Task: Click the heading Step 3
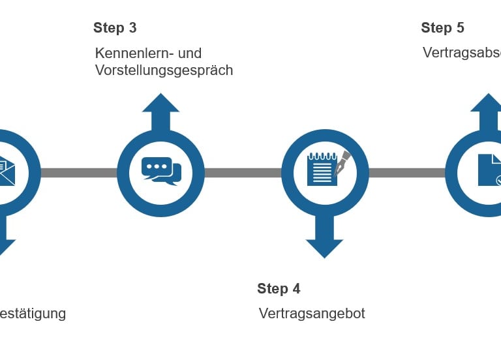(x=115, y=28)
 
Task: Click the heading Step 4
(x=279, y=289)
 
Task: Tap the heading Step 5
(x=442, y=28)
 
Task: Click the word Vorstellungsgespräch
(x=164, y=70)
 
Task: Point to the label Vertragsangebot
(x=312, y=314)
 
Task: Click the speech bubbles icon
(x=161, y=172)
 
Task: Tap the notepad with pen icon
(x=324, y=170)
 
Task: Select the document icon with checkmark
(x=490, y=170)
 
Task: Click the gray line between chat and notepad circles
(x=243, y=173)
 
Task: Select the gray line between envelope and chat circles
(x=78, y=173)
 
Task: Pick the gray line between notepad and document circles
(x=406, y=173)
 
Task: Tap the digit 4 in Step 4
(x=296, y=289)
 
